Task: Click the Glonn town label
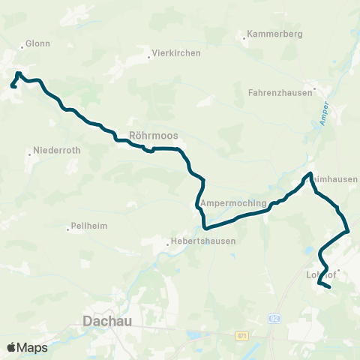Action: (37, 43)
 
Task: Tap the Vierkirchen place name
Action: (174, 53)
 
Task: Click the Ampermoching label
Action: (234, 203)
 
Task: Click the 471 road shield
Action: (240, 335)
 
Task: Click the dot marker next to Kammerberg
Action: (244, 35)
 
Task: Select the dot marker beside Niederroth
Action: (29, 154)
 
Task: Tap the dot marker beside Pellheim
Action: (68, 227)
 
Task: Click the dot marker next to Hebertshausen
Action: (168, 242)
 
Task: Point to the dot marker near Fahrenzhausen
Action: (315, 88)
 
